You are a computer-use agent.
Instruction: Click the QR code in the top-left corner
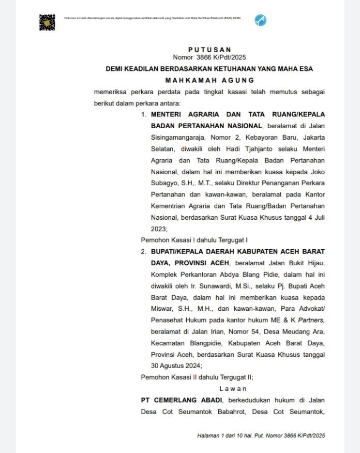tap(47, 22)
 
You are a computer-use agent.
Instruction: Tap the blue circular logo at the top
tap(260, 21)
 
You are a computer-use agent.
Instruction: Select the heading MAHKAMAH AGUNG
tap(209, 80)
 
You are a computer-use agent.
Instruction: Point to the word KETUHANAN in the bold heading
tap(229, 68)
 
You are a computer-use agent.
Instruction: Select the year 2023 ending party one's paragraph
tap(159, 228)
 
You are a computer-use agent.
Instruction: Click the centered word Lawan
tap(233, 388)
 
